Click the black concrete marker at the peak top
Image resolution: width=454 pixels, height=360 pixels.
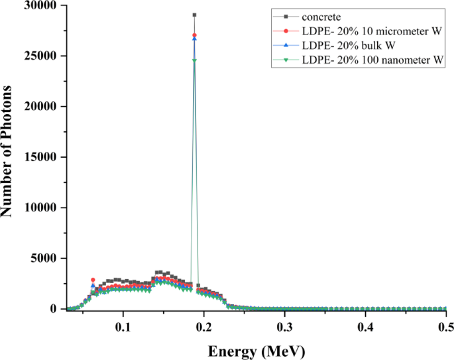pos(194,15)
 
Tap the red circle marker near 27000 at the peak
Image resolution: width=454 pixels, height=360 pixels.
pos(194,35)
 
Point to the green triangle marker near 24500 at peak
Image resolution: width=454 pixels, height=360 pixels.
pos(194,60)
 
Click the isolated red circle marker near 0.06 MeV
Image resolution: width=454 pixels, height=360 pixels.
pos(93,280)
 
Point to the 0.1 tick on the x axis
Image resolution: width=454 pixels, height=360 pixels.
pos(123,328)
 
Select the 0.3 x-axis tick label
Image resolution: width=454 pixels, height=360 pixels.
pos(284,328)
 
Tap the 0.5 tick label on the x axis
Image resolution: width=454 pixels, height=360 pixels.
pos(445,328)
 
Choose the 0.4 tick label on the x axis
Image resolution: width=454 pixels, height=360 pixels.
pos(365,328)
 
